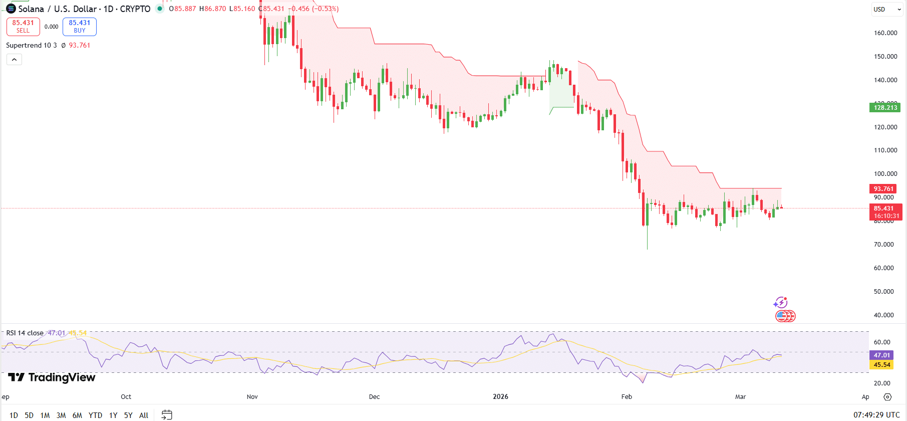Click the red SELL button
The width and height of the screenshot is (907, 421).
tap(23, 27)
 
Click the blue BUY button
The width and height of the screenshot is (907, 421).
tap(80, 27)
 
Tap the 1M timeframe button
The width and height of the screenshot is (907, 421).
tap(45, 415)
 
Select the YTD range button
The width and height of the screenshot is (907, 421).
tap(95, 415)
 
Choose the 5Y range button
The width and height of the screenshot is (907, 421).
tap(128, 415)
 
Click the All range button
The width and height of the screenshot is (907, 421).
tap(144, 415)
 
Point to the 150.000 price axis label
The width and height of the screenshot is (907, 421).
tap(885, 57)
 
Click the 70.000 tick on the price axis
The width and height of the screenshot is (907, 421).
tap(884, 245)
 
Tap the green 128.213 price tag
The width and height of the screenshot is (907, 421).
tap(885, 108)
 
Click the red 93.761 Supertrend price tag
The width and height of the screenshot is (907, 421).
tap(883, 189)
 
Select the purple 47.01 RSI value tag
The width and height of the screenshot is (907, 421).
tap(882, 355)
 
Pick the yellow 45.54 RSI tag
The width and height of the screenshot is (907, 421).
tap(882, 365)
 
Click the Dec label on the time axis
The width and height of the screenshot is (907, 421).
tap(374, 397)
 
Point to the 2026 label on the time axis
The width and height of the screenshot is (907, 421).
tap(500, 397)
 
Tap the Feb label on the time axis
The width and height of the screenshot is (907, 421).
tap(627, 397)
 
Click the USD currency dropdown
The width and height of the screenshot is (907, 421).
tap(887, 10)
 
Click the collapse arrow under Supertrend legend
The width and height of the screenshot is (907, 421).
tap(15, 60)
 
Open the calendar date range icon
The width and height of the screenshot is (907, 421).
tap(167, 415)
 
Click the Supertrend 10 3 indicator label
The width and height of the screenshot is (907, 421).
tap(31, 45)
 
